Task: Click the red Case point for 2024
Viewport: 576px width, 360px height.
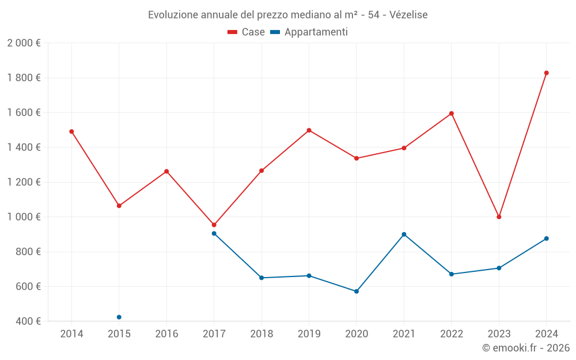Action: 546,73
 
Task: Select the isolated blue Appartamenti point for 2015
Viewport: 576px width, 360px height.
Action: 119,317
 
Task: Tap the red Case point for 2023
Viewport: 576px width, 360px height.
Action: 499,217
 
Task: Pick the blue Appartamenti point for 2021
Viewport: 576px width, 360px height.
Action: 404,234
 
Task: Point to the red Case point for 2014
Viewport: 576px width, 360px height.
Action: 71,131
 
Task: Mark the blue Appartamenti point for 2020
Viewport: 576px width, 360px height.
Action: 357,291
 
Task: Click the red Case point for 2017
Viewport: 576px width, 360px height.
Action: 214,225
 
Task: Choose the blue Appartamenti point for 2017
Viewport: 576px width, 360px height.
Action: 214,233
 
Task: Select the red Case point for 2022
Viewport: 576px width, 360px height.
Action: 452,113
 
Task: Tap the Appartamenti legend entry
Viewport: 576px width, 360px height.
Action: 309,32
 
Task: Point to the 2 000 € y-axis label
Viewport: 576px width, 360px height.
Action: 24,43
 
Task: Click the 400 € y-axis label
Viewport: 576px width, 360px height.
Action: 28,321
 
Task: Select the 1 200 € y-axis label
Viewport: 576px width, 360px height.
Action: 24,182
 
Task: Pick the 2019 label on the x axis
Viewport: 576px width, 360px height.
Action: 309,334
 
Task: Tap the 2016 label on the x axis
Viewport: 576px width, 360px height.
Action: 166,334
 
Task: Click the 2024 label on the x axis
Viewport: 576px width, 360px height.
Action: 546,334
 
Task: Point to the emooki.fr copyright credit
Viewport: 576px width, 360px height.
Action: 526,348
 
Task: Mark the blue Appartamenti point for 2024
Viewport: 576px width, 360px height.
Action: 546,238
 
